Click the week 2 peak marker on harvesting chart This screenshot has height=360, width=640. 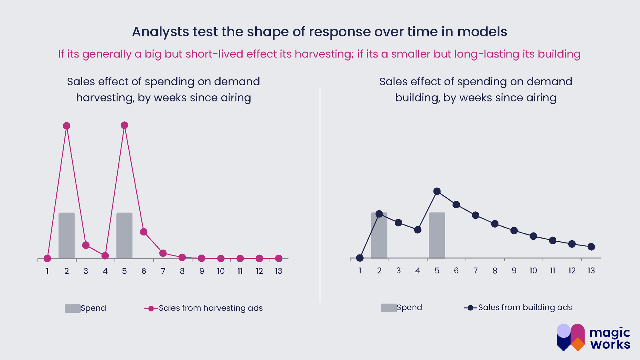click(x=67, y=126)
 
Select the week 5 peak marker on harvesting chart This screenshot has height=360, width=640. click(x=125, y=125)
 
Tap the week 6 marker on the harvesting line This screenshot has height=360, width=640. click(x=144, y=232)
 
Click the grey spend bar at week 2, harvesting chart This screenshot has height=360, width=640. click(x=67, y=236)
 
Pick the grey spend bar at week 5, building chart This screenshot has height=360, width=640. click(x=437, y=236)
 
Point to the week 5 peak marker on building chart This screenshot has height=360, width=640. click(x=437, y=191)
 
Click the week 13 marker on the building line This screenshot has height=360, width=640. click(x=591, y=247)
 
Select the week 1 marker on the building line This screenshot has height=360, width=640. click(x=360, y=258)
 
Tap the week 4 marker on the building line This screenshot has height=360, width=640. click(x=418, y=230)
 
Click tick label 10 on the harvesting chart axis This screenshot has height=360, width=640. click(x=221, y=271)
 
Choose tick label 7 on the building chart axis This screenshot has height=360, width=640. click(x=476, y=271)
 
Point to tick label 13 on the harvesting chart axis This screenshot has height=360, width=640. click(x=279, y=271)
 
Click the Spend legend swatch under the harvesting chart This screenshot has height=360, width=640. click(x=73, y=308)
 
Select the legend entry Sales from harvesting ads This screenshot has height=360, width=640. click(x=210, y=308)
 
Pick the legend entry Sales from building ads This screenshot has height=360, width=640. click(x=525, y=307)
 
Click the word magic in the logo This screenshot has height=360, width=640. click(x=610, y=333)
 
